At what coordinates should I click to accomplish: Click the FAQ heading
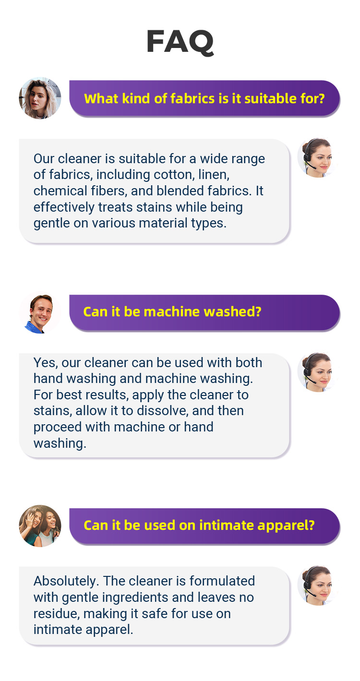pos(180,42)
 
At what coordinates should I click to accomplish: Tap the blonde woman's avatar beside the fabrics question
pos(40,98)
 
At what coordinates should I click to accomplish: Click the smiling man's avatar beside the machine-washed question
pos(40,313)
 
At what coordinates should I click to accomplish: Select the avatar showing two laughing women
pos(40,526)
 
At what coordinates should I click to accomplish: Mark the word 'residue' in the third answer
pos(57,613)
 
